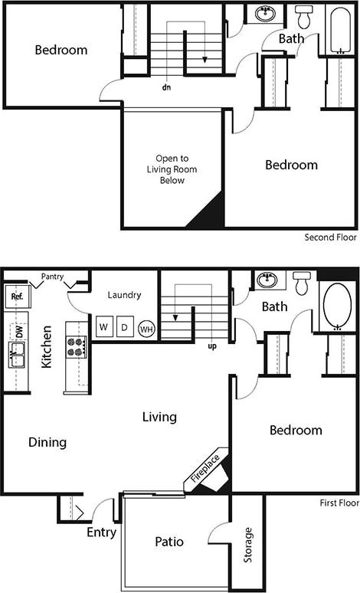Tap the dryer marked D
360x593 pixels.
click(123, 327)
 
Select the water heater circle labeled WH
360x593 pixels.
click(146, 329)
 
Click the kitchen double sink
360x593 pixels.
click(17, 355)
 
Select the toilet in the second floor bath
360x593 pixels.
click(304, 15)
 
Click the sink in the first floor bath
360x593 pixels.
click(268, 280)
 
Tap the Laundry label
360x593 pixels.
click(122, 294)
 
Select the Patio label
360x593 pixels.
click(169, 542)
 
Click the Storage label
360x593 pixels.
click(247, 545)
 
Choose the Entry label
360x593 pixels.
click(101, 532)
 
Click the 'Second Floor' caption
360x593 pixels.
click(330, 238)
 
